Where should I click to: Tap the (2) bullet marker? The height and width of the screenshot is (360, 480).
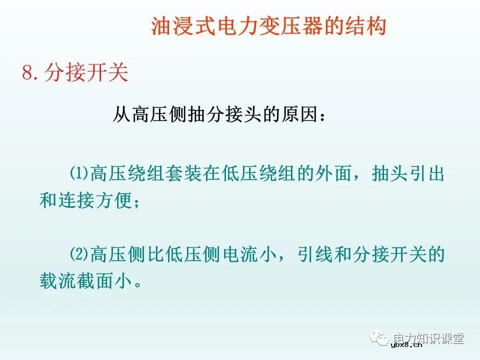pyautogui.click(x=78, y=255)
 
